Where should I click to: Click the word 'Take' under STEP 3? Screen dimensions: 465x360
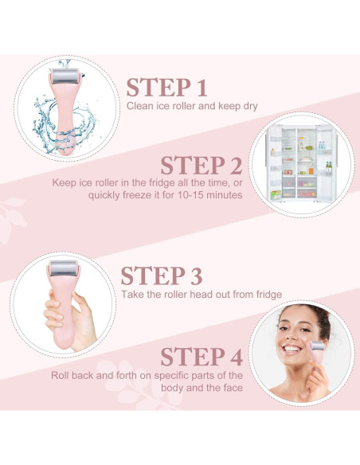(x=133, y=294)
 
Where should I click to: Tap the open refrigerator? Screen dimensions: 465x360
(x=302, y=166)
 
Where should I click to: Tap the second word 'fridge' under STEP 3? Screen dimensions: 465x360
(x=267, y=294)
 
